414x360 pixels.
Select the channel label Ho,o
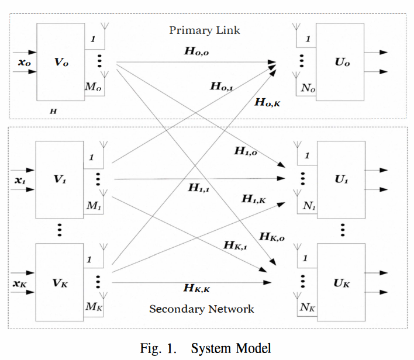tap(196, 51)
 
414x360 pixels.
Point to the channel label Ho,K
tap(268, 102)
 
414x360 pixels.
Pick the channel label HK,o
tap(272, 237)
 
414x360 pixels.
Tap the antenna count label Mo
tap(94, 86)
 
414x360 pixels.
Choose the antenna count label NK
tap(308, 307)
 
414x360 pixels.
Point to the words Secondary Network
tap(202, 309)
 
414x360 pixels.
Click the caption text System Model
tap(231, 348)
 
